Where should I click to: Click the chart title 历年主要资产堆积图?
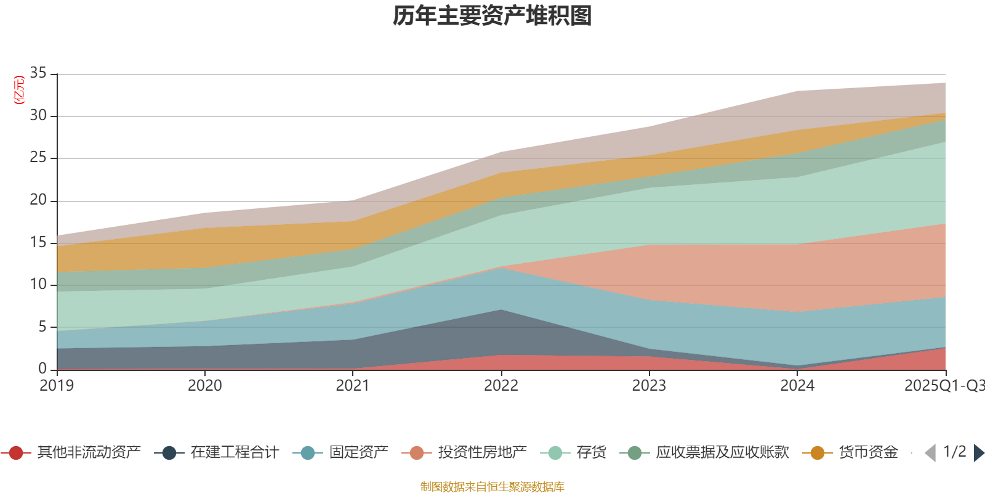[492, 16]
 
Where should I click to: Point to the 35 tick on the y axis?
[38, 73]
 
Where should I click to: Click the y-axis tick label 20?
[38, 200]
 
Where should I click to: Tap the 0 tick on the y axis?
[42, 369]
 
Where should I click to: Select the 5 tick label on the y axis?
[42, 327]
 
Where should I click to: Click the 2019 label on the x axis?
[57, 386]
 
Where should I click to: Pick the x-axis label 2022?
[501, 386]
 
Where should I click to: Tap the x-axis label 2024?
[797, 386]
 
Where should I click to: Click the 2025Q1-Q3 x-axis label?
[944, 386]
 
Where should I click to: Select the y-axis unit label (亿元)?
[19, 90]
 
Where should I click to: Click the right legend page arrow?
[978, 453]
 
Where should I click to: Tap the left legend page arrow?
[930, 453]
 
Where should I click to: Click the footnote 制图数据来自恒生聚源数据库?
[492, 487]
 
